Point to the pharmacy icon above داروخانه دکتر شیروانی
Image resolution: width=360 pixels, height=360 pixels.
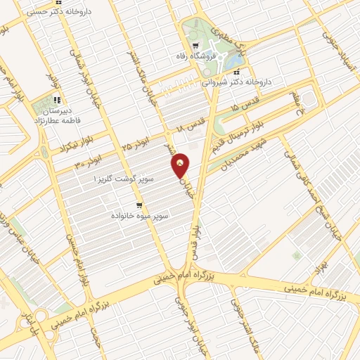tap(237, 72)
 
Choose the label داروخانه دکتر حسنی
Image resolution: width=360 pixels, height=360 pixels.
tap(39, 12)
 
